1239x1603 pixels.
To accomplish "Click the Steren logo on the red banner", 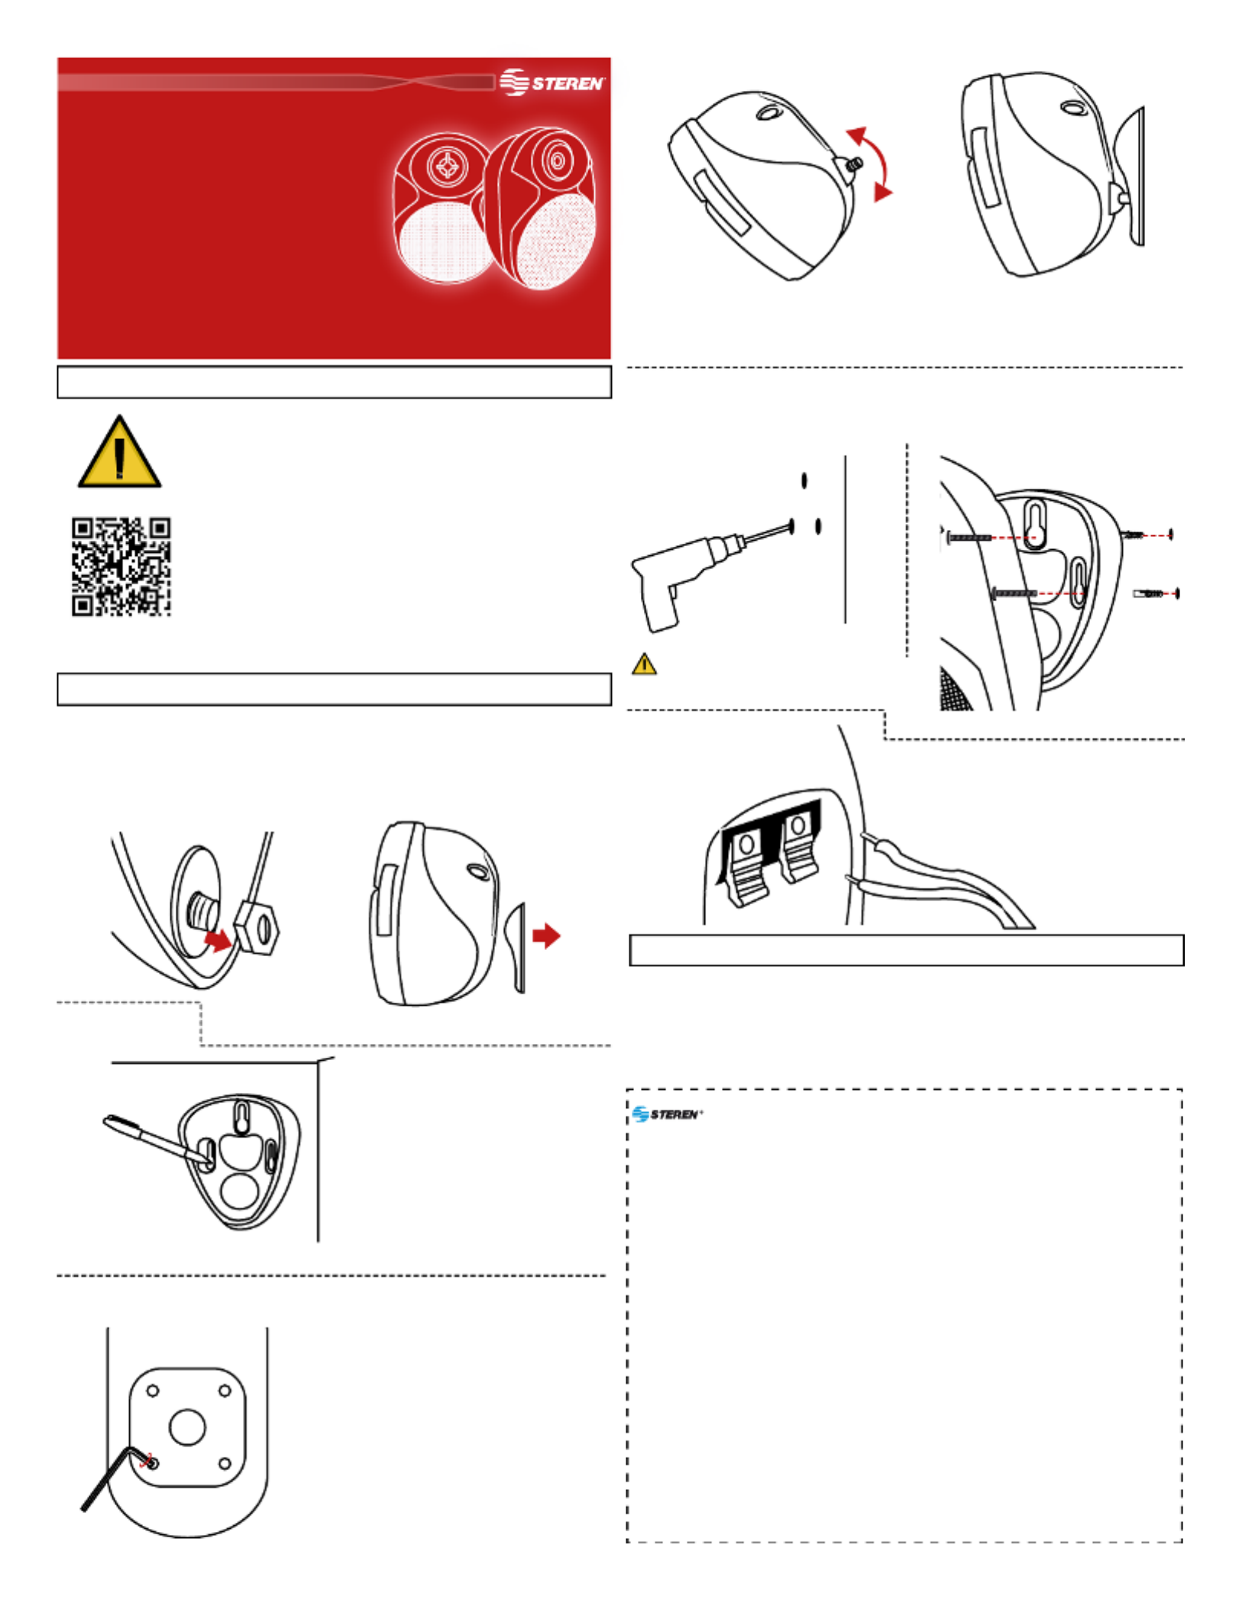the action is click(x=552, y=82).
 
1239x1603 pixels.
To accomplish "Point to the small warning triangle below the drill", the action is click(x=644, y=664).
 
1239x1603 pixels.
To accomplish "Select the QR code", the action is click(x=121, y=567).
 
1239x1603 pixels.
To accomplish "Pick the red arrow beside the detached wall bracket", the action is click(x=546, y=936).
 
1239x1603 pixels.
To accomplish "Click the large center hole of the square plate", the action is click(x=187, y=1427).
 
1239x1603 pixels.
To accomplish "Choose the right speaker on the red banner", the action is click(x=540, y=208).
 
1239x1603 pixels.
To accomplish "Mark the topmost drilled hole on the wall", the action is click(x=804, y=480).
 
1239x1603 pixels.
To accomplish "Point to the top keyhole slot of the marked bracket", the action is click(x=241, y=1117).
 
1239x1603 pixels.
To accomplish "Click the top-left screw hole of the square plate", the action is click(x=153, y=1391).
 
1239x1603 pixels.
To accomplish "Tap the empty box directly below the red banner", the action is click(x=335, y=382).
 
